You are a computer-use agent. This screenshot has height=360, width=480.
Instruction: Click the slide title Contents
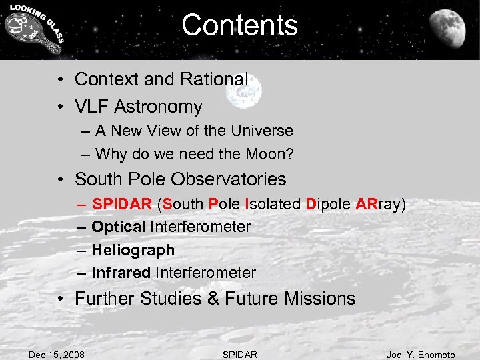pyautogui.click(x=239, y=25)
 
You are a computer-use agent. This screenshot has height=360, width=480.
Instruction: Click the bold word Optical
pyautogui.click(x=119, y=227)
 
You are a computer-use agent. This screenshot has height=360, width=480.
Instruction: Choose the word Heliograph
pyautogui.click(x=133, y=251)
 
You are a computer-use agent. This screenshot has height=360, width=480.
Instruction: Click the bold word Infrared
pyautogui.click(x=121, y=273)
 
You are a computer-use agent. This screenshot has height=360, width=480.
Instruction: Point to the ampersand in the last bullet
pyautogui.click(x=213, y=299)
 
